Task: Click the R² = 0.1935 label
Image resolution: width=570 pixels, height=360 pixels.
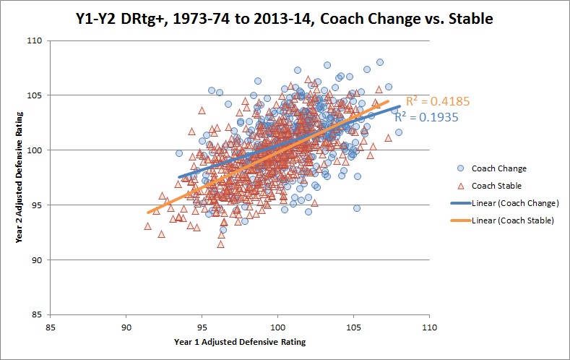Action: [426, 116]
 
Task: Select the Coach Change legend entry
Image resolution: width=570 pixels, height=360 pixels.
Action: [499, 168]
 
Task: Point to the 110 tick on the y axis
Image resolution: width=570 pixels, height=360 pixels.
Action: [35, 40]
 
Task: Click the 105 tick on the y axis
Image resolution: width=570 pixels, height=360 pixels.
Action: [35, 95]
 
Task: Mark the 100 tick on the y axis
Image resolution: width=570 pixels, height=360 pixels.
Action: [35, 150]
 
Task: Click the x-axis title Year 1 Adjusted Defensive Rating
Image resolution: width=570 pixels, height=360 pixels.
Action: [240, 342]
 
